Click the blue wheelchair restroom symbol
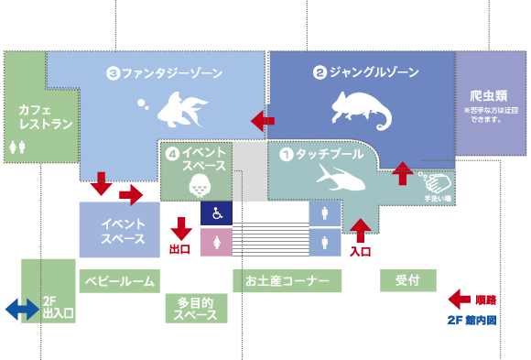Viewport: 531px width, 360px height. (x=216, y=213)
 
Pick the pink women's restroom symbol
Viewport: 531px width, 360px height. (x=216, y=243)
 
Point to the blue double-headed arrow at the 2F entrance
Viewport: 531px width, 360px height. (x=21, y=310)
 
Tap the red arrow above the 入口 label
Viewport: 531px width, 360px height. (x=361, y=229)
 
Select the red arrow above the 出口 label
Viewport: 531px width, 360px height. (x=180, y=226)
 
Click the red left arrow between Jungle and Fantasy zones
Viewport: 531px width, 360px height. (x=263, y=120)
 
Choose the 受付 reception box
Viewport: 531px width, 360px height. (x=407, y=280)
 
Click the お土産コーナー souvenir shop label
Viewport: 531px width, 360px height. (x=287, y=280)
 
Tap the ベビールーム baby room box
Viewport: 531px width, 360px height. (x=119, y=280)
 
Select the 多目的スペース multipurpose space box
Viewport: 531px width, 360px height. (x=196, y=308)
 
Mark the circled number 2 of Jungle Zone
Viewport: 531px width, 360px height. (x=320, y=72)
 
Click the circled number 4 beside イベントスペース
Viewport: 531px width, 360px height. (x=171, y=154)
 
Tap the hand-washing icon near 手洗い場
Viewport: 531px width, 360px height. (x=434, y=181)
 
